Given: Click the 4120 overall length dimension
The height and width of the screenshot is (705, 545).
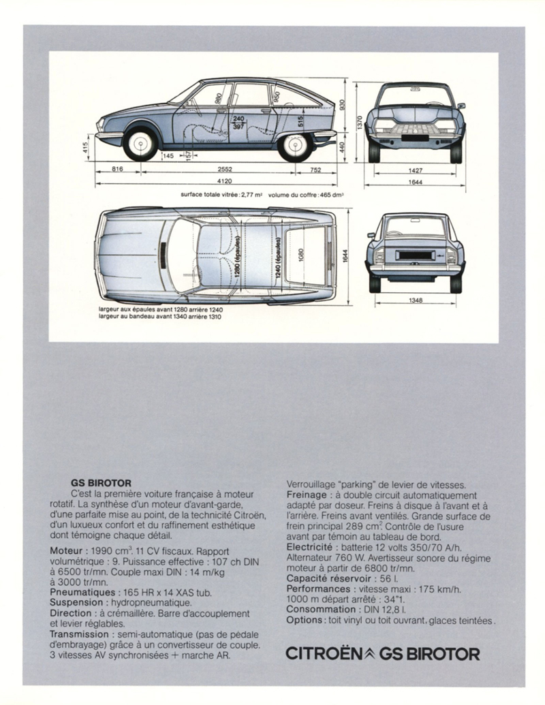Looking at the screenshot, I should coord(224,181).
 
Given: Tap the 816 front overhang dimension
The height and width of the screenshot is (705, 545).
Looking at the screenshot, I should coord(117,170).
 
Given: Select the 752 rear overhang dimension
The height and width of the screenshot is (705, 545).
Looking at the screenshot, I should coord(315,170).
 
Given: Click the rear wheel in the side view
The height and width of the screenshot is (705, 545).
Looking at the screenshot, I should coord(296,144).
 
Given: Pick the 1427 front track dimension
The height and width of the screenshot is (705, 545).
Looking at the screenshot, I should coord(414,170).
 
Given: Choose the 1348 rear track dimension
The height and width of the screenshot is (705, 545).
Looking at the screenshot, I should coord(414,300).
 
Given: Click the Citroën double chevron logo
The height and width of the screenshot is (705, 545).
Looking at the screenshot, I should coord(367,653).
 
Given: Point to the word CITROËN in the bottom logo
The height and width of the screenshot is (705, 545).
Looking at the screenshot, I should coord(322,654).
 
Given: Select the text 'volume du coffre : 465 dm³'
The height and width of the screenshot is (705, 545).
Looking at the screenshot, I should coord(306,194).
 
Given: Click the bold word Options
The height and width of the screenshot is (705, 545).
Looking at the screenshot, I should coord(304,620).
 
